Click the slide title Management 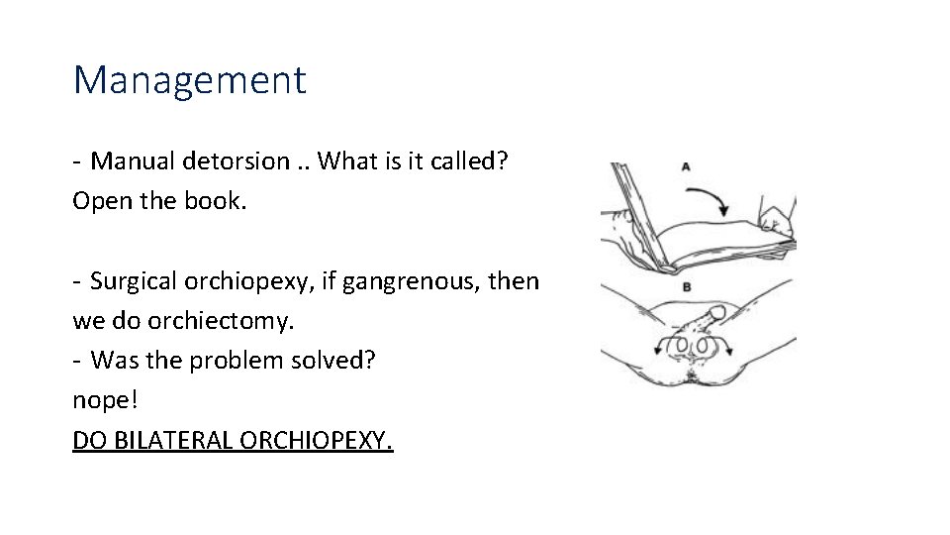pyautogui.click(x=190, y=79)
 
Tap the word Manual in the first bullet pyautogui.click(x=132, y=160)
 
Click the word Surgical pyautogui.click(x=132, y=281)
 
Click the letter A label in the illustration pyautogui.click(x=686, y=166)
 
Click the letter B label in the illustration pyautogui.click(x=686, y=286)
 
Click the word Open pyautogui.click(x=99, y=201)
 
